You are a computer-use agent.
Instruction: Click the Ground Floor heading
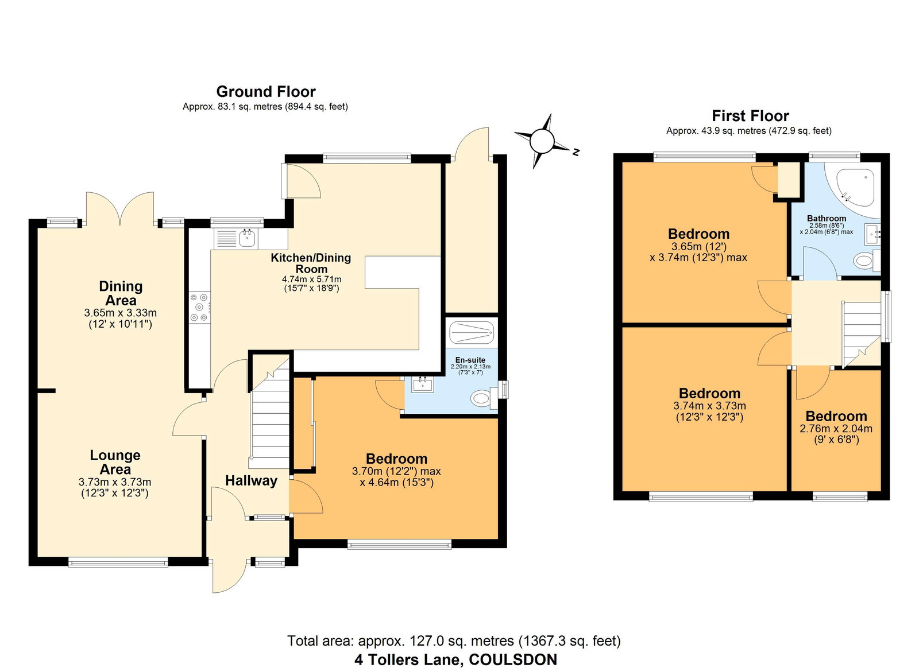click(265, 92)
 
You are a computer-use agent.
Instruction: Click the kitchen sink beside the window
click(247, 238)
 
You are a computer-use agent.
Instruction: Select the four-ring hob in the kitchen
click(199, 307)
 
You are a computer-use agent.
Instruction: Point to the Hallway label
click(251, 481)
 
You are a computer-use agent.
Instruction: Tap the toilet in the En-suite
click(480, 398)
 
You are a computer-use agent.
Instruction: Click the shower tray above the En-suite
click(471, 332)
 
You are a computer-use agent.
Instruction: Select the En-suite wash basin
click(422, 383)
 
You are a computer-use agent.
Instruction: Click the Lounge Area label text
click(115, 462)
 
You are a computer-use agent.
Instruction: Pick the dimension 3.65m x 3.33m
click(120, 313)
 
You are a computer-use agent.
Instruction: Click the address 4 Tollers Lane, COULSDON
click(455, 659)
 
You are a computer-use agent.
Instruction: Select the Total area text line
click(454, 640)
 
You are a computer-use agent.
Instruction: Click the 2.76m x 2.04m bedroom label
click(836, 428)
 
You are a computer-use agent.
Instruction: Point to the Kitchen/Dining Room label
click(311, 263)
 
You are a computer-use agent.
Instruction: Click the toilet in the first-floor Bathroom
click(863, 261)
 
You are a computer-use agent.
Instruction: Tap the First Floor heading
click(750, 116)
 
